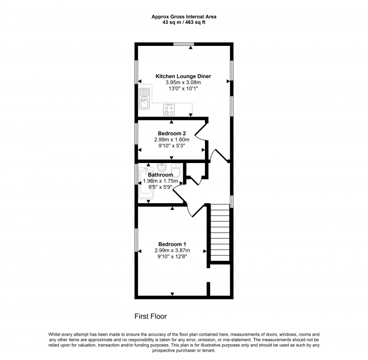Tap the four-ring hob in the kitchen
(169, 109)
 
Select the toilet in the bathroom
(176, 172)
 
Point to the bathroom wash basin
(162, 168)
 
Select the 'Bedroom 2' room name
(170, 134)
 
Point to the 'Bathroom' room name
(160, 175)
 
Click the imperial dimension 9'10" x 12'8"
(173, 257)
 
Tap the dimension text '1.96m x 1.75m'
(160, 181)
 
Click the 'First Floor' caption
(151, 316)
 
